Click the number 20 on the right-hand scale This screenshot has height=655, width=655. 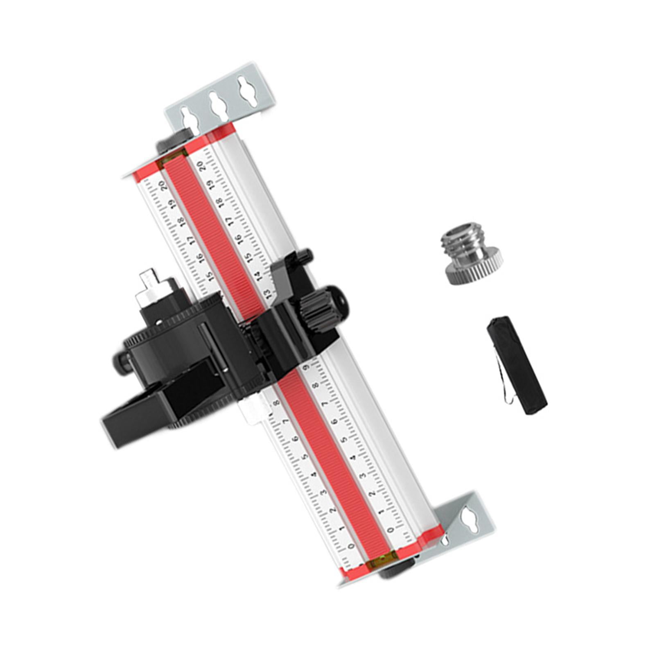[201, 167]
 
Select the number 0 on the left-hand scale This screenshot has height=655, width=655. [350, 547]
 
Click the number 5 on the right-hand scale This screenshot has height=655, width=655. [345, 440]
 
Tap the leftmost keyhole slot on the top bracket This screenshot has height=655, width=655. [188, 118]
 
